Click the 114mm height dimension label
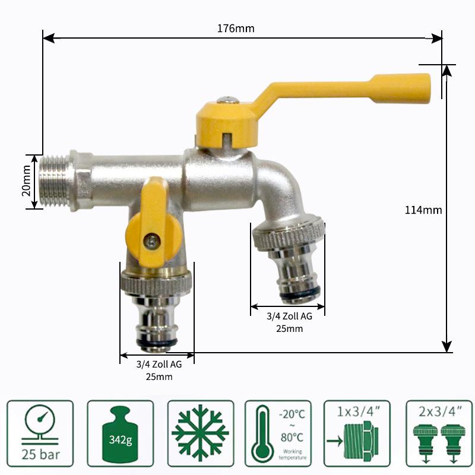point(423,210)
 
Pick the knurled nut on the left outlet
point(156,281)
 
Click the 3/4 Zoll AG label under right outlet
point(289,317)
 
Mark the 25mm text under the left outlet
point(159,376)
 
